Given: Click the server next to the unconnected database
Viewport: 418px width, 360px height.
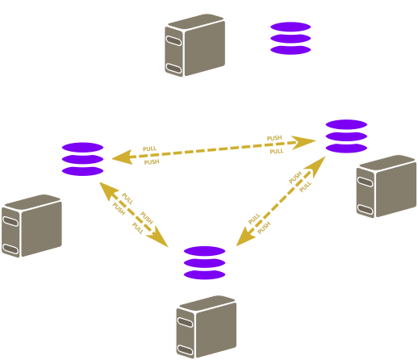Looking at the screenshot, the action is click(x=195, y=45).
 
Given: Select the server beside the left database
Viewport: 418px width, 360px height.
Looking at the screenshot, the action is click(x=31, y=226).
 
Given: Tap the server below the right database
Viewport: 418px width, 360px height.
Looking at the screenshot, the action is click(x=387, y=186).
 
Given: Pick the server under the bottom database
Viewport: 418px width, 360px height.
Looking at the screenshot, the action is click(x=207, y=327).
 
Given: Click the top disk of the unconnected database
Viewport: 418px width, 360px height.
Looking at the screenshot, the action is click(x=291, y=27).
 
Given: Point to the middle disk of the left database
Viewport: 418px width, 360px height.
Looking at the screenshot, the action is click(x=82, y=159).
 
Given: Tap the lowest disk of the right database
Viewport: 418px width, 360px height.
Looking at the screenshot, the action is click(x=346, y=148).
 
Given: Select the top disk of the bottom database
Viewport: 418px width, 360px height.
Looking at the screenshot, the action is click(x=204, y=251).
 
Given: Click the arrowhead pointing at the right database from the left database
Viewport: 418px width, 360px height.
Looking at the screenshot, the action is click(x=303, y=142).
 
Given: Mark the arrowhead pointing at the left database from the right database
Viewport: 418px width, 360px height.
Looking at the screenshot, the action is click(x=123, y=157).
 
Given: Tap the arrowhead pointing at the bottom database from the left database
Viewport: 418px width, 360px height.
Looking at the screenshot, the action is click(x=158, y=237).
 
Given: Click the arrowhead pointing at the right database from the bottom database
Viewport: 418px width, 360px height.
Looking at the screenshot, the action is click(x=317, y=166).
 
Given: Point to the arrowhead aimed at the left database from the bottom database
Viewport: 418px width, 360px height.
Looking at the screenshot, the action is click(x=108, y=190).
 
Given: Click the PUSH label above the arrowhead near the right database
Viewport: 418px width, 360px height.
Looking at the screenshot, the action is click(x=274, y=138).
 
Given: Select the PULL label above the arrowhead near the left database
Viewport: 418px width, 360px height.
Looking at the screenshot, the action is click(x=149, y=149).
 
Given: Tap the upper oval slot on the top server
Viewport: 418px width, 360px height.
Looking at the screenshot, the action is click(x=173, y=40).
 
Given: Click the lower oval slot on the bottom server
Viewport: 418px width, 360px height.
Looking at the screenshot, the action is click(x=186, y=350).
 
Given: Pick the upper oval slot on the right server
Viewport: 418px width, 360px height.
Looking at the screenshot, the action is click(x=365, y=182).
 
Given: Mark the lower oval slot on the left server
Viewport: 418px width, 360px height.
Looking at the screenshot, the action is click(x=10, y=249).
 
